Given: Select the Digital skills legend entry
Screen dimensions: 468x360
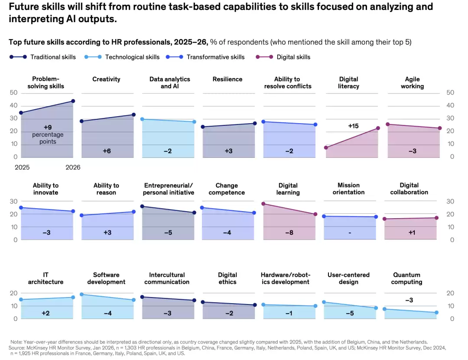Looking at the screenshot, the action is (283, 57).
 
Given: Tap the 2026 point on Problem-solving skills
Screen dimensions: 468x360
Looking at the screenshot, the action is (73, 101).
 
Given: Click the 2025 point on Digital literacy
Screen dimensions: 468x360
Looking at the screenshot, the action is (326, 147).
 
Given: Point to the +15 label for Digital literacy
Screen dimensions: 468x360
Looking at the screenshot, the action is (353, 126).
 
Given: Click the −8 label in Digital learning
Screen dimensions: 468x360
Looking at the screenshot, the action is (289, 232).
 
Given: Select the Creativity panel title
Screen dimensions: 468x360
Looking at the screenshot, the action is (106, 79).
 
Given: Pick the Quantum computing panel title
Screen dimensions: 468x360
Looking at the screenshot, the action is (406, 278).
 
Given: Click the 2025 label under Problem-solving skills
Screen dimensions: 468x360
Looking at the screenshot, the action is (22, 167).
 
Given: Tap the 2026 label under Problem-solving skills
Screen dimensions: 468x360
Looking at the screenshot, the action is (73, 167).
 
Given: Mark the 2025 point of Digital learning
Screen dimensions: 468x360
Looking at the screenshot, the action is (263, 204).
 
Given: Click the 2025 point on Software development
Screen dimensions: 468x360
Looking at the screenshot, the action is (81, 294).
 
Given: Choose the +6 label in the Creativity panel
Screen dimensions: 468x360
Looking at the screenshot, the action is (107, 151).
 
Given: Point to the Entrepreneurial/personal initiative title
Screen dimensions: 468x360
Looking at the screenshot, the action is (168, 189).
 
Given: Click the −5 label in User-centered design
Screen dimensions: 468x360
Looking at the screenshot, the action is (350, 314).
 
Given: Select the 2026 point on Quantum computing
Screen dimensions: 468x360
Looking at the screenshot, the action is (437, 312).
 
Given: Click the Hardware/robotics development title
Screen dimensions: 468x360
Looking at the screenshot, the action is (286, 278).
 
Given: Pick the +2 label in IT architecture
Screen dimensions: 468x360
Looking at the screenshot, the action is (45, 314).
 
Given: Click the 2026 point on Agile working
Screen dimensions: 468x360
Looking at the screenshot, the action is (440, 128).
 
